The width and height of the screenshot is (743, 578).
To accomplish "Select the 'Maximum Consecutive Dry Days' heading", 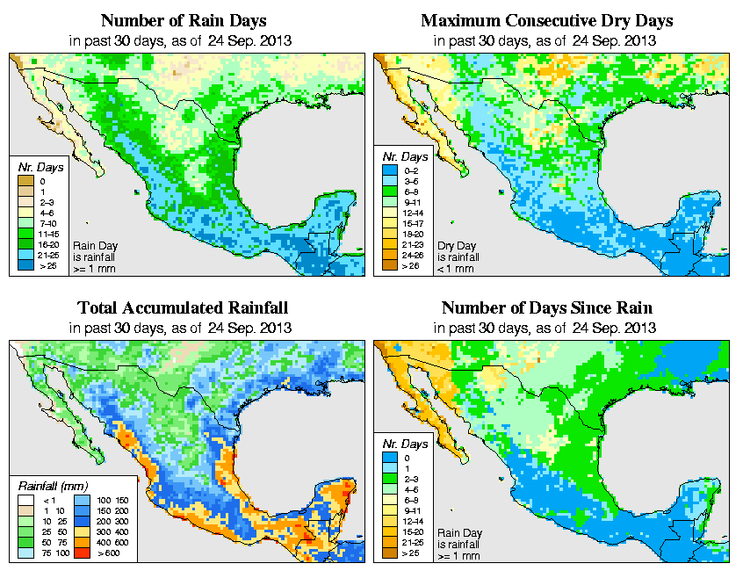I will (x=546, y=20).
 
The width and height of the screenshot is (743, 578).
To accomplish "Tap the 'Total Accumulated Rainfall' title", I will (x=182, y=308).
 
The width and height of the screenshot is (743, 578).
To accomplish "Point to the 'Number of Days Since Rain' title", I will (x=546, y=308).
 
